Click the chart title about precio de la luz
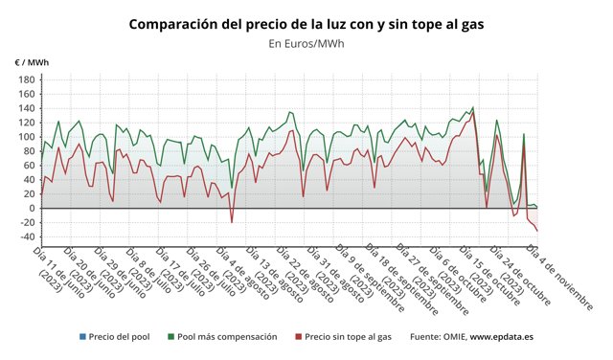tap(306, 22)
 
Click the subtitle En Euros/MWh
tap(306, 43)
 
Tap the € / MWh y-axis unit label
tap(32, 62)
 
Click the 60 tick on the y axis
tap(28, 166)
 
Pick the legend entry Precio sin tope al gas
tap(346, 337)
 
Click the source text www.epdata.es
tap(501, 337)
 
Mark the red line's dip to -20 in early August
tap(232, 222)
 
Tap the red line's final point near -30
tap(537, 231)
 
